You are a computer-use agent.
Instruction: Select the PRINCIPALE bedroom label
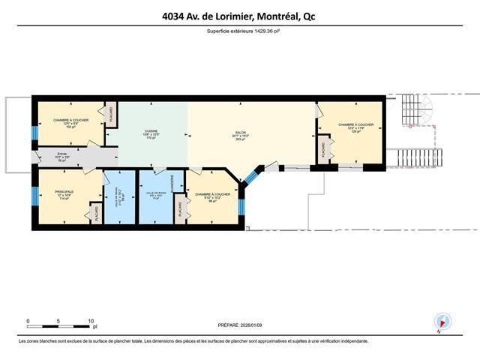pos(64,191)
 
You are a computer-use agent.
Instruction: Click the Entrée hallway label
pos(51,156)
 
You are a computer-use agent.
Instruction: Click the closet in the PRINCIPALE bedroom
pos(96,213)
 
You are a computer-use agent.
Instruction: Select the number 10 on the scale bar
pos(91,321)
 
